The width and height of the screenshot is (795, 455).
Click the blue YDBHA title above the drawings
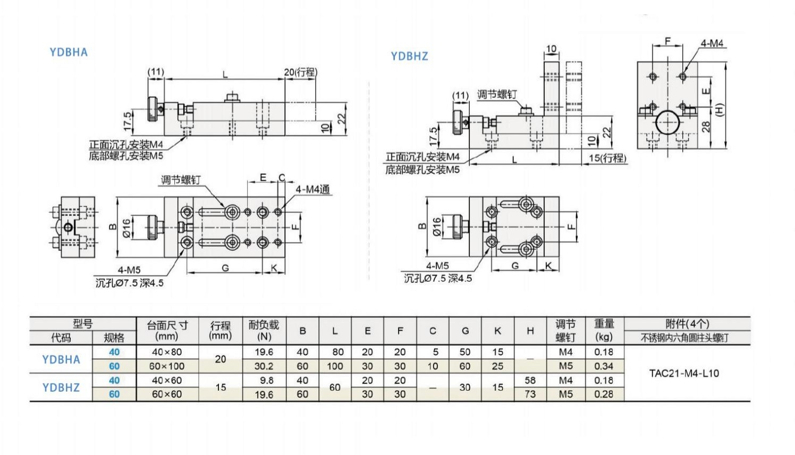coord(69,52)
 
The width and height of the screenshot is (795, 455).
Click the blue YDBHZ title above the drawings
coord(410,56)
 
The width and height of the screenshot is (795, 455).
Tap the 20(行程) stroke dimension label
coord(301,72)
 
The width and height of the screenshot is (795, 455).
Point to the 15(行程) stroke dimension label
coord(607,158)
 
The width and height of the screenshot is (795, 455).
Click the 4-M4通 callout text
coord(313,189)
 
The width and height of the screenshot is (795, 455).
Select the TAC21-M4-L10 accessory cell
coord(684,373)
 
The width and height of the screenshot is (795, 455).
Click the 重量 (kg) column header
coord(604,330)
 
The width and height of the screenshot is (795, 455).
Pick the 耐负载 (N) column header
coord(264,330)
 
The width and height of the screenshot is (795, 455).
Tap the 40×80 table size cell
coord(167,352)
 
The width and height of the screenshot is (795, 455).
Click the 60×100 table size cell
coord(167,366)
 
